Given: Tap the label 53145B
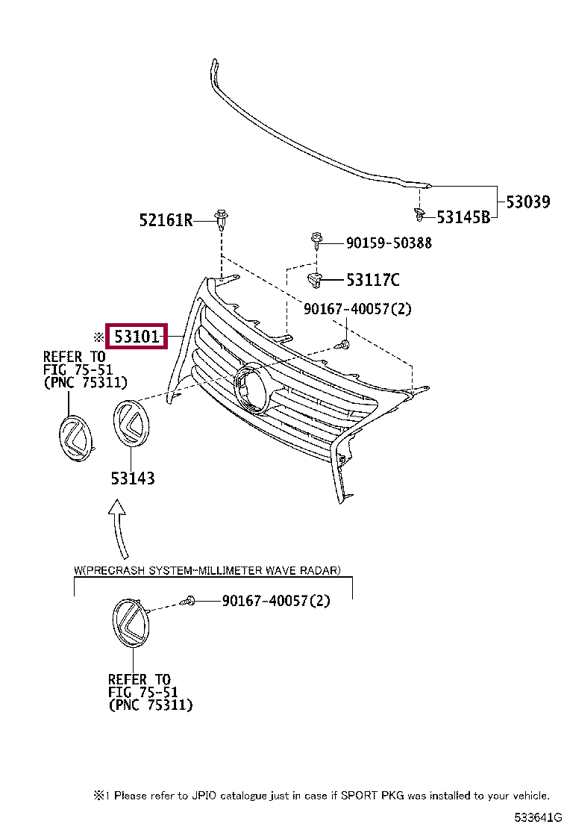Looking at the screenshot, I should click(x=463, y=217).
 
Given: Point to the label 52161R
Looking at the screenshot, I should click(x=166, y=219).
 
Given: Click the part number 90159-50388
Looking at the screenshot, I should click(x=388, y=243).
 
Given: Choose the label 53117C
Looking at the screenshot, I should click(x=372, y=280).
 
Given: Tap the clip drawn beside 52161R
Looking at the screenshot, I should click(x=222, y=219).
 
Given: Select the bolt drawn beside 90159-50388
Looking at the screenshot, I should click(x=317, y=241).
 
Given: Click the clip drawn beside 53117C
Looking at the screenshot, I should click(x=315, y=281).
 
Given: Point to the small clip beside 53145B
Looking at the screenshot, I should click(x=419, y=216).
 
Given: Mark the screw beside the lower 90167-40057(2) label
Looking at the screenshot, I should click(x=191, y=600).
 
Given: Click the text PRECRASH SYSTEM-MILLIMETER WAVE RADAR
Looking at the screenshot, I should click(x=212, y=571).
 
